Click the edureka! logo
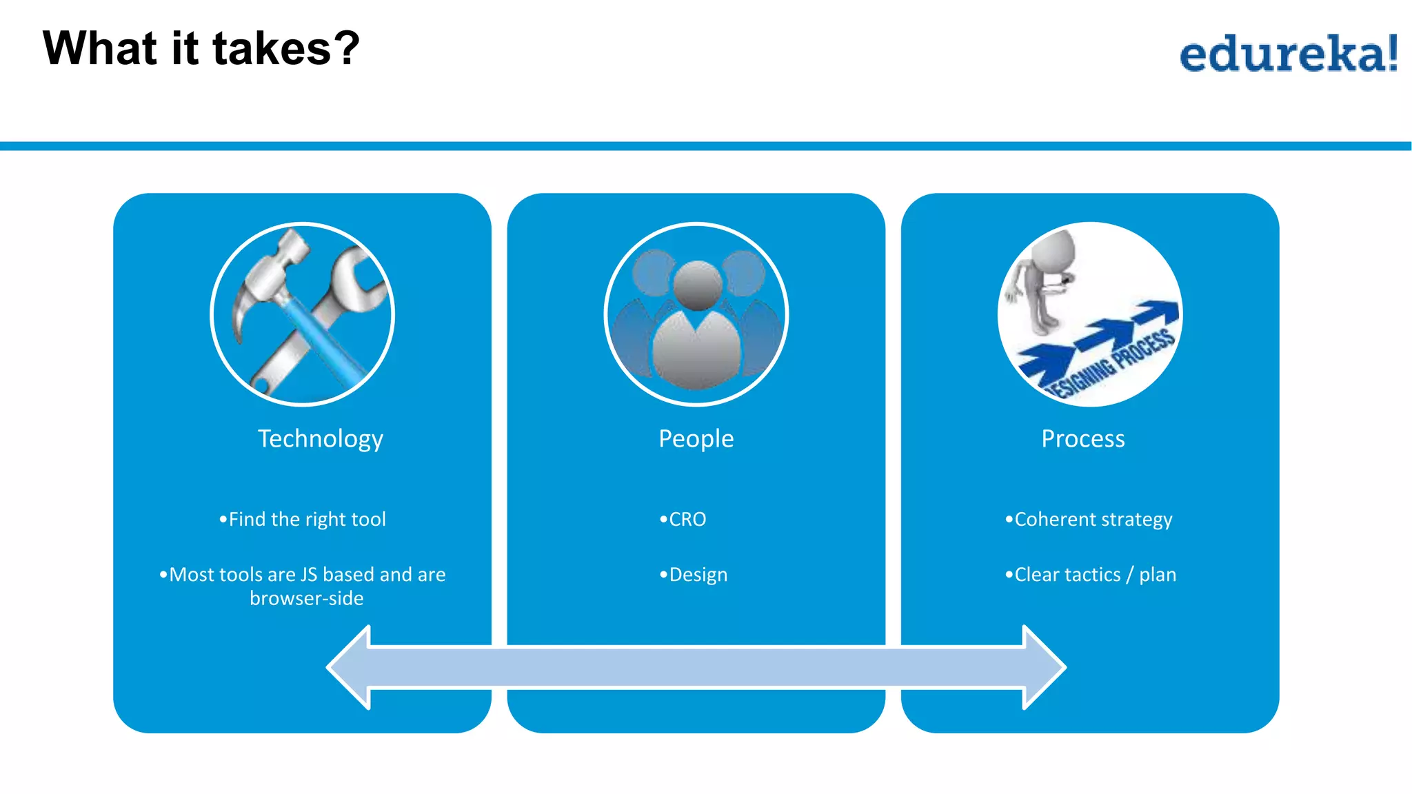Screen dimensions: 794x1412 click(1288, 54)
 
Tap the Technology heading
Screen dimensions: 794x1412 click(321, 439)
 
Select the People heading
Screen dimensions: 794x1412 click(696, 439)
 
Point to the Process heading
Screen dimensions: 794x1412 click(1083, 439)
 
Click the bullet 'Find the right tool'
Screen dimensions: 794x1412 click(303, 519)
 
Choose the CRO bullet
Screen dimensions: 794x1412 click(684, 519)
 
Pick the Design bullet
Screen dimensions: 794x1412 click(694, 574)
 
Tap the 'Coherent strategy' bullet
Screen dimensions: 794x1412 click(1089, 519)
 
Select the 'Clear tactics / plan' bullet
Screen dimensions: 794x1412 click(1091, 574)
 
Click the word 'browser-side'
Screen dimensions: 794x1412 click(307, 598)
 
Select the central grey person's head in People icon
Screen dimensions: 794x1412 click(697, 284)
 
